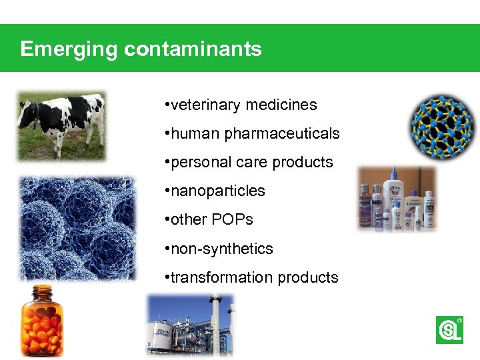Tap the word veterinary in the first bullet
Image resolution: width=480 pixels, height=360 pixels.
tap(206, 105)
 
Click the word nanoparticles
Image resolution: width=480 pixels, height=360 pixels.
tap(218, 191)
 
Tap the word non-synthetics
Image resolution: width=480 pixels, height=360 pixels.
tap(222, 249)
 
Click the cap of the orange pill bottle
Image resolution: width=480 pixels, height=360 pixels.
tap(41, 292)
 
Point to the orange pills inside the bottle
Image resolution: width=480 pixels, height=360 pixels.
tap(41, 330)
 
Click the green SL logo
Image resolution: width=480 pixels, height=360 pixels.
tap(449, 329)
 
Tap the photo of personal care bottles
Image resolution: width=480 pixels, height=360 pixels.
tap(397, 199)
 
